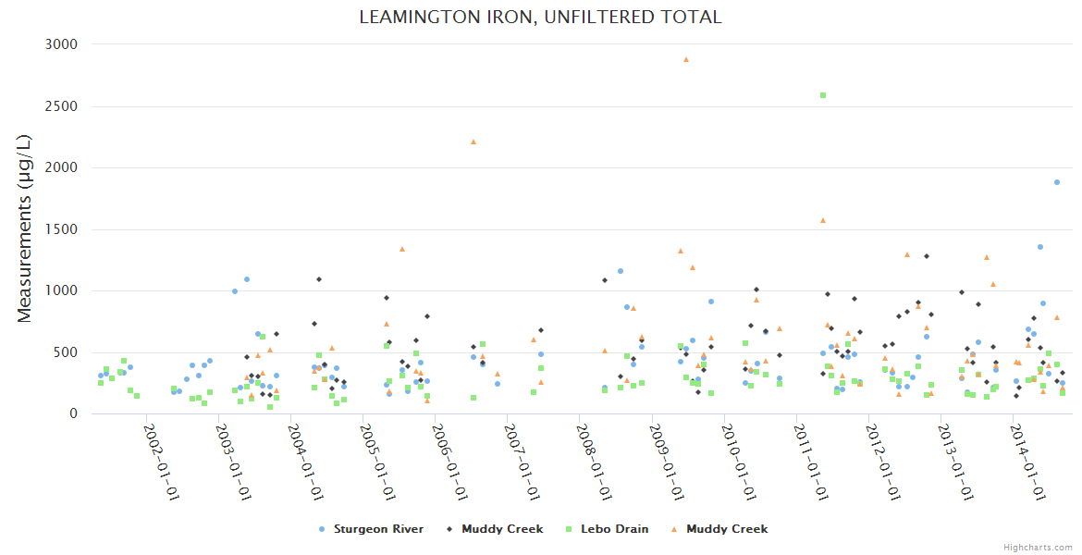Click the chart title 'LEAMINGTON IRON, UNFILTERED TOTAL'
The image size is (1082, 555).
540,17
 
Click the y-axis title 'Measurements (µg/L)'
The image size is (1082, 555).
25,228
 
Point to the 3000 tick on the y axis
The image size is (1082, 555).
61,44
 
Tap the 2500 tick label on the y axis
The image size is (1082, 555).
61,106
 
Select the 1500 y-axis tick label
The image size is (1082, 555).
61,229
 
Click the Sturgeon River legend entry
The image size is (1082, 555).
371,529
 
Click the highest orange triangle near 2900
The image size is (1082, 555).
686,59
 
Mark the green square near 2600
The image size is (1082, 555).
823,95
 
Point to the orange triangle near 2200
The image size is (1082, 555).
473,142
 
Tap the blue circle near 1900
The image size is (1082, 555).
1057,182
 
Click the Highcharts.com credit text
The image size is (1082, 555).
1039,548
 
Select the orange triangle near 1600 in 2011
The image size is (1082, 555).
822,220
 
